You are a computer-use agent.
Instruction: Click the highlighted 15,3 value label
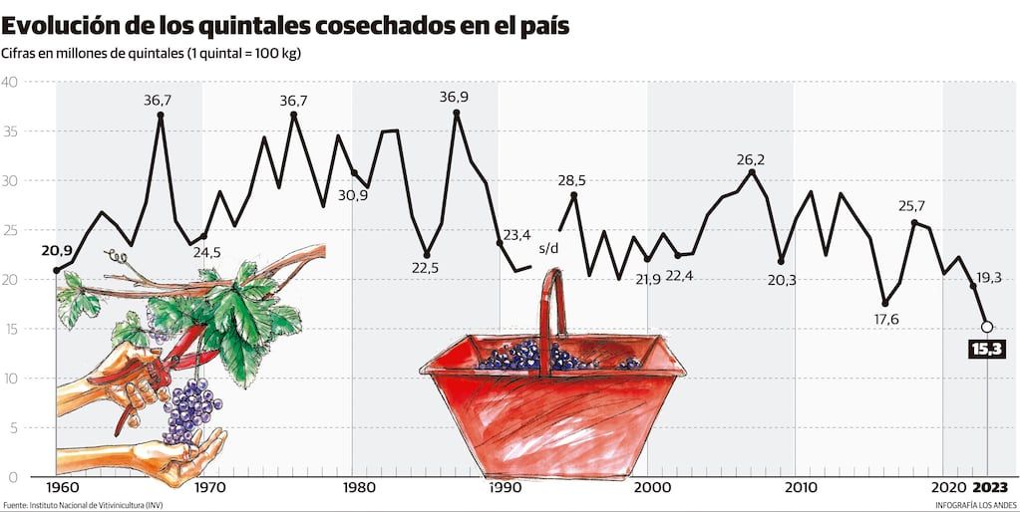pos(987,349)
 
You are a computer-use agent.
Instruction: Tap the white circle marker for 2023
pos(987,327)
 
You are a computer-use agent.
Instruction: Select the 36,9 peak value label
pos(455,97)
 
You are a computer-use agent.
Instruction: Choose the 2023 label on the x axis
pos(989,488)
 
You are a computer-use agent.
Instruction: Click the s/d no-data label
pos(548,248)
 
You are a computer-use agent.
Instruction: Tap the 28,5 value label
pos(571,180)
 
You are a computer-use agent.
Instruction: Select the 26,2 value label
pos(751,159)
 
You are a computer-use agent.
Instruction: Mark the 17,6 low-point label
pos(884,319)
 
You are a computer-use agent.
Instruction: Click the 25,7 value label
pos(911,206)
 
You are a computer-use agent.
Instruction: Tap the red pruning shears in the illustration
pos(170,359)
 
